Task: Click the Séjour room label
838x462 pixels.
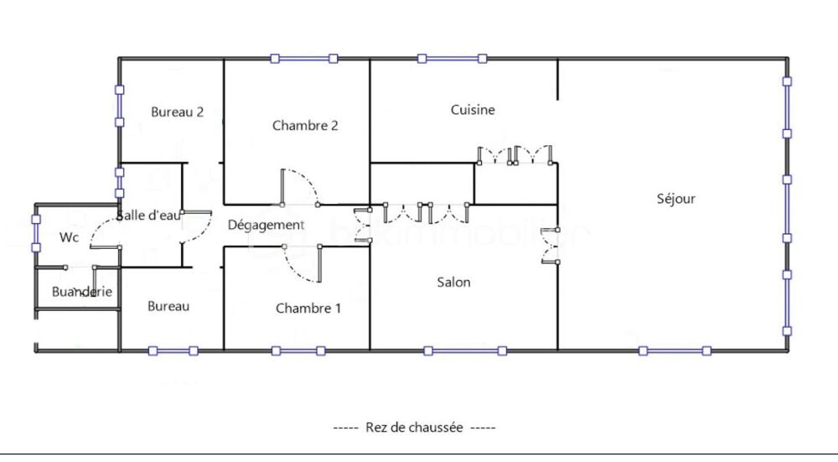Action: pos(676,199)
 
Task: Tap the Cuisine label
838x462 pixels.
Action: pos(473,110)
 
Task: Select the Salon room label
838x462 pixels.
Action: pos(453,282)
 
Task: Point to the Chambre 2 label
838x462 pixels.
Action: pos(305,126)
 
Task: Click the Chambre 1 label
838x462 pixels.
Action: pos(308,309)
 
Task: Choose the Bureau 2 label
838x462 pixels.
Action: pos(178,112)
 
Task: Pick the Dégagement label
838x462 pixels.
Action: pos(266,225)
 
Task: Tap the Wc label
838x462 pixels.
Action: pos(69,237)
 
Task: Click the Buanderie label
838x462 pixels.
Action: pos(82,292)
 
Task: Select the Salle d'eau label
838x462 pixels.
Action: pos(149,215)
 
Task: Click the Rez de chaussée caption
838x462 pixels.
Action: pos(415,427)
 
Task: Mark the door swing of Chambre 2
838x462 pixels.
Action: pos(299,187)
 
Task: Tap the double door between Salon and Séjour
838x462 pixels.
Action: pos(551,246)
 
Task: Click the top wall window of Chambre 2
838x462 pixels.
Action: pos(303,59)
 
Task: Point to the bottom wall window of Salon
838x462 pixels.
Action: pos(464,350)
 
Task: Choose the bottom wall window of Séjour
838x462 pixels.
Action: pos(675,350)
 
